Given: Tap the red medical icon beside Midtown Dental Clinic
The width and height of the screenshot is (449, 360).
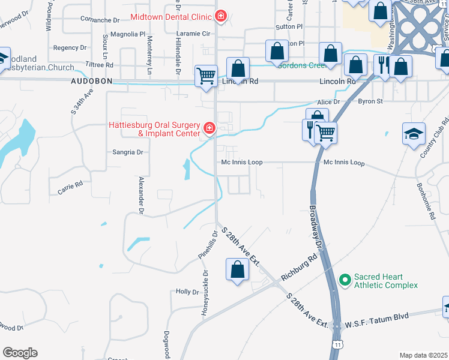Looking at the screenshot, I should pos(221,15).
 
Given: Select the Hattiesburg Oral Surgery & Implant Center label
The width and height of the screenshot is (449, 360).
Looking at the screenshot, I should pos(155,129).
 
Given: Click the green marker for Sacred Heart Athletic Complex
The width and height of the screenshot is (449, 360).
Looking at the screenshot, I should pos(345,280).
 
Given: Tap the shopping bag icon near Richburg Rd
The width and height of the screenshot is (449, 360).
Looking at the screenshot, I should pos(237,270).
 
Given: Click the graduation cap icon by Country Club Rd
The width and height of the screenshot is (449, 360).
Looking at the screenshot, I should pos(414,134).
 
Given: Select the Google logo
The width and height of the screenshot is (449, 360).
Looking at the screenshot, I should pos(20,353).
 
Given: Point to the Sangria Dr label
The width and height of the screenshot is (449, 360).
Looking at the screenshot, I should pos(128,152).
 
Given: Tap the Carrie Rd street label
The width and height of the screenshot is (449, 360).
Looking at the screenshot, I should pos(70,190).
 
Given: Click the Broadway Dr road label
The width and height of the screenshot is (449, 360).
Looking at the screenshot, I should pos(316,229).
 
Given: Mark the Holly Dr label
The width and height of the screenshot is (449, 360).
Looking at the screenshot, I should pos(187,292).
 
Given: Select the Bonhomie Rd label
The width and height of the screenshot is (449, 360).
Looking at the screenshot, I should pos(425,200).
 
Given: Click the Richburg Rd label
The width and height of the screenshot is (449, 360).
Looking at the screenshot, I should pos(298,269).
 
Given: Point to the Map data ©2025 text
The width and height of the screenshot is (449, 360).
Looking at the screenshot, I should pos(423,355).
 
